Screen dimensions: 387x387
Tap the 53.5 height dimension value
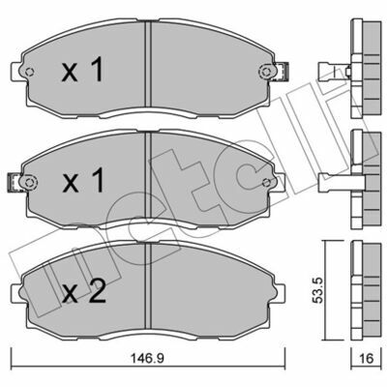click(x=318, y=291)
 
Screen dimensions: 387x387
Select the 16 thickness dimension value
click(x=366, y=358)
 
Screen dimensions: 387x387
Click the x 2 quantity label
click(x=84, y=291)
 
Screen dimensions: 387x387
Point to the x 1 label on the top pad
click(x=82, y=69)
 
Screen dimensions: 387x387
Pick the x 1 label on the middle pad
click(x=83, y=180)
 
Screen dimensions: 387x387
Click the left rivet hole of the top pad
click(x=29, y=73)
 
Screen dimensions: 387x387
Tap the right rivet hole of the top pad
click(x=266, y=72)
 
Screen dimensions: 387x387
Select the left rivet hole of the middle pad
click(x=29, y=183)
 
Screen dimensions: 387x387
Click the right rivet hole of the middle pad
click(x=266, y=183)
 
